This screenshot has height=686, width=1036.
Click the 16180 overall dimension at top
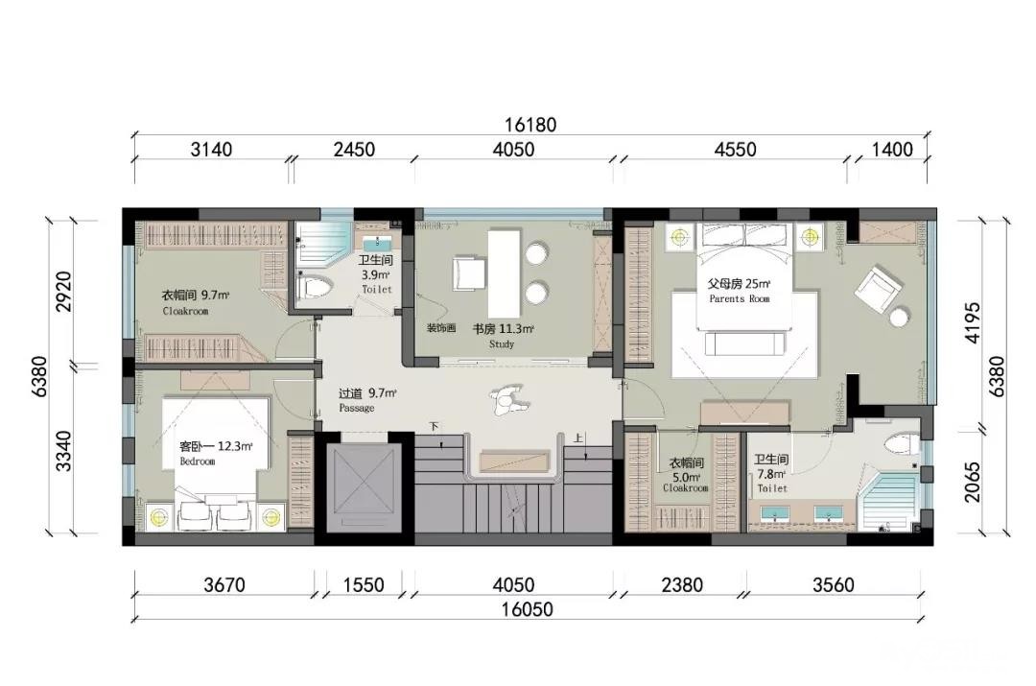[x=530, y=125]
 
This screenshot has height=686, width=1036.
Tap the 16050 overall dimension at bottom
[x=527, y=609]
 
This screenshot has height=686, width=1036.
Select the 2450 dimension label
[x=354, y=150]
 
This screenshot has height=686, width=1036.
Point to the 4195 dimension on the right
[x=973, y=324]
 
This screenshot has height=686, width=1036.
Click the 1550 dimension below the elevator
[x=365, y=585]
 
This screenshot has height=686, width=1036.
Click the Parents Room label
[x=740, y=291]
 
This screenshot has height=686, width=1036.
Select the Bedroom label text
[x=216, y=453]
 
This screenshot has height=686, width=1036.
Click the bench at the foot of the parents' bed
[x=745, y=343]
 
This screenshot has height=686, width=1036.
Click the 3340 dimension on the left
[x=63, y=450]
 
